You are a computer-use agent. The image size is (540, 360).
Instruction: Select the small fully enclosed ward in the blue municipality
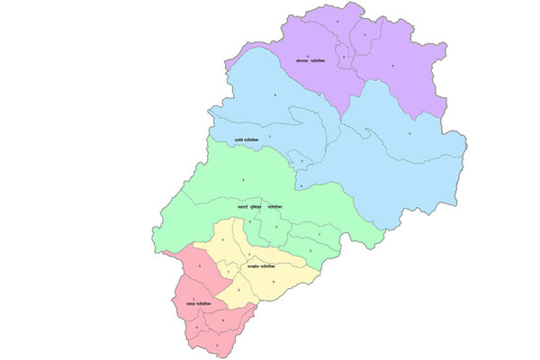(x=303, y=161)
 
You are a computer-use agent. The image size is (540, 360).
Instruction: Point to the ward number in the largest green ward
(x=242, y=183)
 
